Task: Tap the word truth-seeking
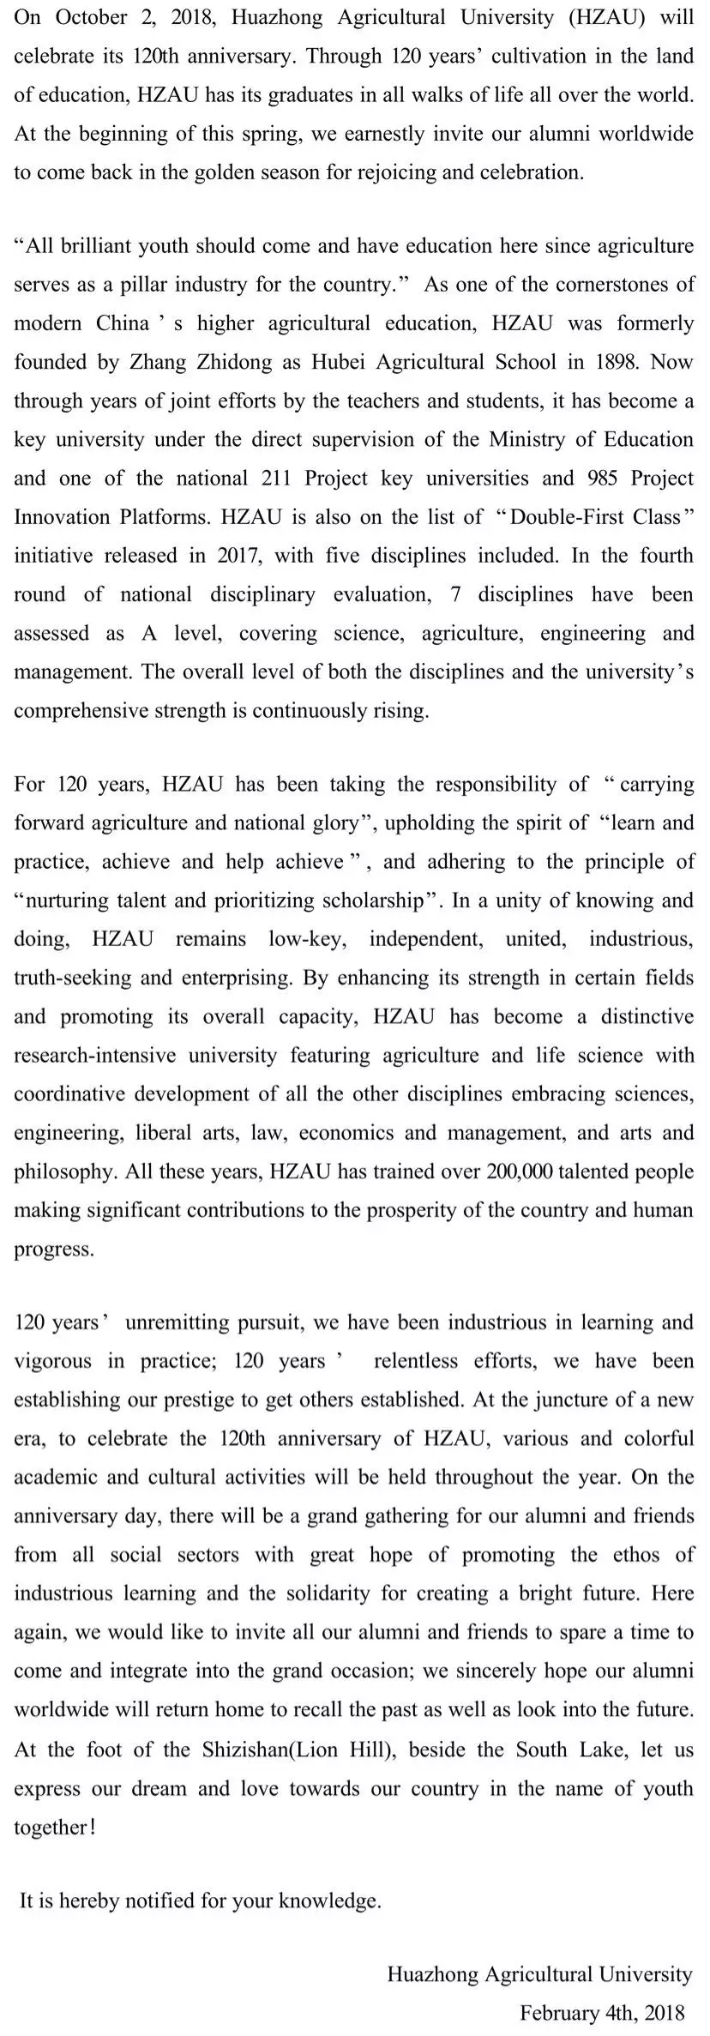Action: (67, 977)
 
